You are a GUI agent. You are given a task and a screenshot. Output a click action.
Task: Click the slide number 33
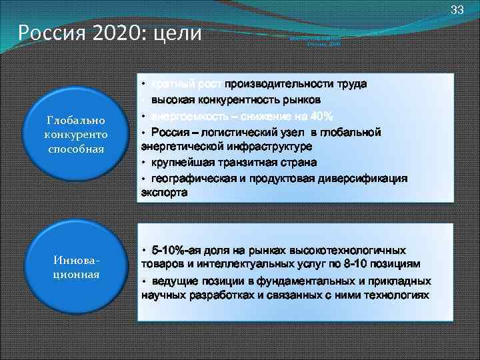point(457,9)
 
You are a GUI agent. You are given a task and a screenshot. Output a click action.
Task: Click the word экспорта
point(164,193)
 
